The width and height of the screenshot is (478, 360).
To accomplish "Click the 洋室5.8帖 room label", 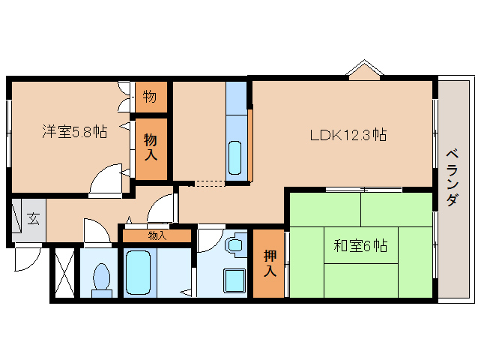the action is click(x=75, y=132).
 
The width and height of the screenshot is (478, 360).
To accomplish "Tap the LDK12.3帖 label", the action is click(x=348, y=134).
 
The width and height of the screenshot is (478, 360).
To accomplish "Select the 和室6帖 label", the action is click(x=360, y=245).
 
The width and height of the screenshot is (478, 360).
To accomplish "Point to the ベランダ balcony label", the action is click(x=453, y=178).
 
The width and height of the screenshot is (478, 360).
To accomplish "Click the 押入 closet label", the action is click(x=270, y=263).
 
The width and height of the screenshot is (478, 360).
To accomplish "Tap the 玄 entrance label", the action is click(x=33, y=218).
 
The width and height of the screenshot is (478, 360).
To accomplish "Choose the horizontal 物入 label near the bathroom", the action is click(x=157, y=235).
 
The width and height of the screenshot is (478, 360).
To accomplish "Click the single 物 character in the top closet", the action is click(x=150, y=97).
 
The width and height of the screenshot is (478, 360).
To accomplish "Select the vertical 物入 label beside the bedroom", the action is click(x=151, y=147).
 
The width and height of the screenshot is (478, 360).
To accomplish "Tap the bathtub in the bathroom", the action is click(x=139, y=272).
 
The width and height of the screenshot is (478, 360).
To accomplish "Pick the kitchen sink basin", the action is click(x=235, y=157).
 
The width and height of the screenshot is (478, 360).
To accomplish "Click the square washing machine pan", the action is click(x=235, y=280).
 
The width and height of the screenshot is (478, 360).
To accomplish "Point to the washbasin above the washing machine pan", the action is click(x=235, y=244).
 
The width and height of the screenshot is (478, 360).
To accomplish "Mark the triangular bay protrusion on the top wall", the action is click(x=365, y=70).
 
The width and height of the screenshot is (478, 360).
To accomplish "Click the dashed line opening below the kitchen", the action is click(x=207, y=183).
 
